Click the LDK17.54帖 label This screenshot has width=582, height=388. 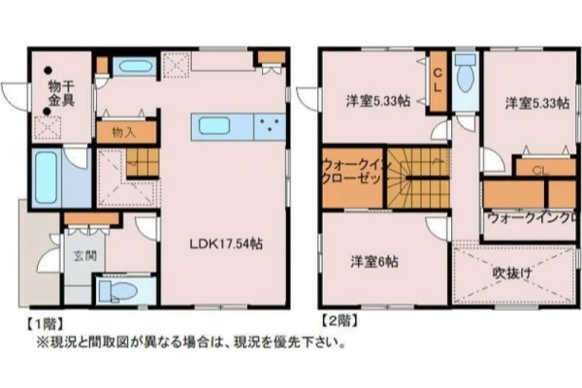(x=226, y=243)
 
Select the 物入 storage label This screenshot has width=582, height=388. (x=123, y=132)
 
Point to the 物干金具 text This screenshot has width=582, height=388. (x=61, y=94)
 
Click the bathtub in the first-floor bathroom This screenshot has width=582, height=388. (x=46, y=178)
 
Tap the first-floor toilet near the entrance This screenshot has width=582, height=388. (x=118, y=290)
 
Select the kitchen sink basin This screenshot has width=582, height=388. (x=214, y=125)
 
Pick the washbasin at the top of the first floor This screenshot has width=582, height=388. (x=136, y=67)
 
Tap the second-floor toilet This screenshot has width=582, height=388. (x=466, y=73)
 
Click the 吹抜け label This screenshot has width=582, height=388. (x=512, y=274)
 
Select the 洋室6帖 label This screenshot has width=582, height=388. (x=374, y=262)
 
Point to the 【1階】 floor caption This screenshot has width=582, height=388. (x=45, y=324)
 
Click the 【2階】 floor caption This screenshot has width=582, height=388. (x=339, y=320)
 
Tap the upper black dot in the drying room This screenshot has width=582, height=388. (x=48, y=70)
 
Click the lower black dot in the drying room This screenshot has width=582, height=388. (x=47, y=112)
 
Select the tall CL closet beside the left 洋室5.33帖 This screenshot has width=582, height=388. (x=438, y=81)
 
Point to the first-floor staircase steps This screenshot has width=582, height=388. (x=143, y=163)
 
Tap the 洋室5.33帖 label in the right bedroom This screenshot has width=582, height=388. (x=537, y=103)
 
